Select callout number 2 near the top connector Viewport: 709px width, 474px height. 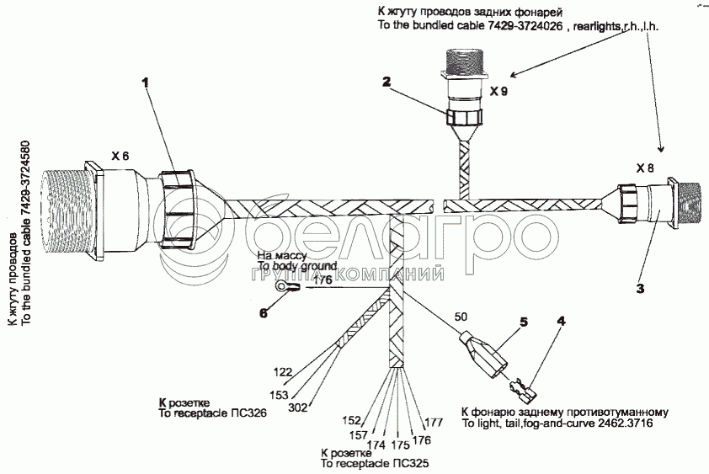[386, 82]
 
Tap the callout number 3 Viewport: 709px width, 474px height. [640, 289]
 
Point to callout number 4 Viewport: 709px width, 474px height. [560, 321]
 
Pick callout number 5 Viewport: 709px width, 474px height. [523, 322]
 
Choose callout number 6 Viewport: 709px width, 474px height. [264, 312]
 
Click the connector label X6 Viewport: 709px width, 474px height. [120, 156]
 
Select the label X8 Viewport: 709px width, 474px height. [645, 168]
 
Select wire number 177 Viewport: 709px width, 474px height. [434, 422]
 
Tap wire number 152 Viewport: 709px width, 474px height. [351, 420]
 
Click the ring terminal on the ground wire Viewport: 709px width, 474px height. [288, 288]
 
